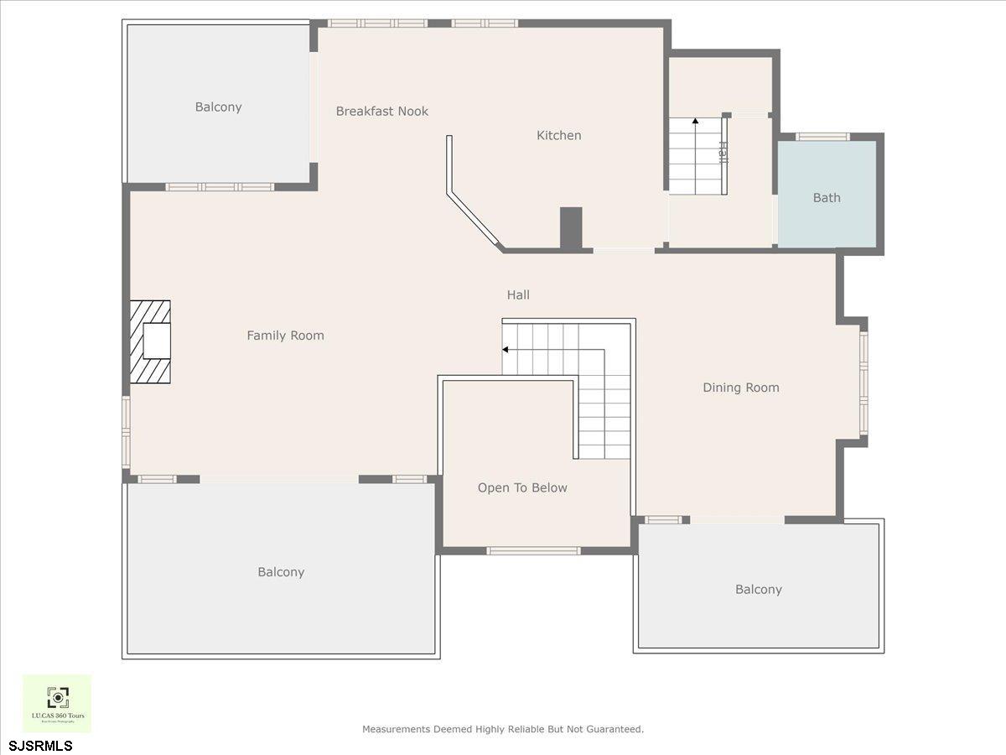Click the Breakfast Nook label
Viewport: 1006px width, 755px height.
(382, 112)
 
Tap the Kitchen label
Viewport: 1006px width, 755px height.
(558, 136)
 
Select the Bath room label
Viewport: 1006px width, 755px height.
(827, 198)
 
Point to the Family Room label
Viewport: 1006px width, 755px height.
(285, 336)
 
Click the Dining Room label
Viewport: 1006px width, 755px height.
(740, 388)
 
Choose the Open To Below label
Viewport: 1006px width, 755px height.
(522, 488)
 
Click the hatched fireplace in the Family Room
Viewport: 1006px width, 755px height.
(150, 341)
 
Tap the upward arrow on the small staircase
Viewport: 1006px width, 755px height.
(695, 122)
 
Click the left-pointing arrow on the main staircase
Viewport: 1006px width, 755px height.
(506, 349)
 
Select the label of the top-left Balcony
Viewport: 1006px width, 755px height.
(218, 107)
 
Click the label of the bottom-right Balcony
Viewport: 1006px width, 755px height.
(758, 590)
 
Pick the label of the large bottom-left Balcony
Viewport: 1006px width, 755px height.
(281, 572)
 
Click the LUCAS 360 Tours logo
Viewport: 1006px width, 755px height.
(57, 703)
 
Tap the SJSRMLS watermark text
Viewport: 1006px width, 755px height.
(41, 745)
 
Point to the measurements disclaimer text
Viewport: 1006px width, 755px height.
(502, 730)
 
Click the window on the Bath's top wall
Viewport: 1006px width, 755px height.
(822, 137)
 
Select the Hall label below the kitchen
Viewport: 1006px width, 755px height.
(518, 295)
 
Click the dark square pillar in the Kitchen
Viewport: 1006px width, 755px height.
(571, 227)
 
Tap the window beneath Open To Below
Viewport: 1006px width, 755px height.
(533, 551)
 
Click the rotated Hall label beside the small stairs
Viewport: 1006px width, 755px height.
(722, 152)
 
